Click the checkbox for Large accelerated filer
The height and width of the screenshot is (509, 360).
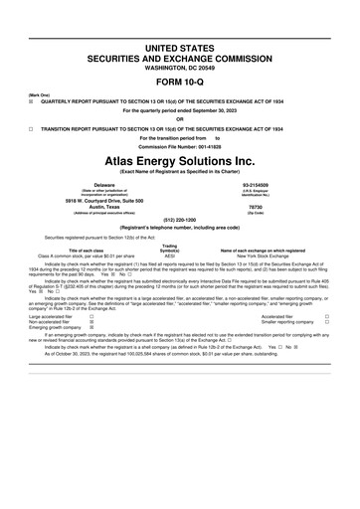point(92,316)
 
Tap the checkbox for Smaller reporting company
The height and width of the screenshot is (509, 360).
point(326,322)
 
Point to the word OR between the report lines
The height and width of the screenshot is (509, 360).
point(180,119)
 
